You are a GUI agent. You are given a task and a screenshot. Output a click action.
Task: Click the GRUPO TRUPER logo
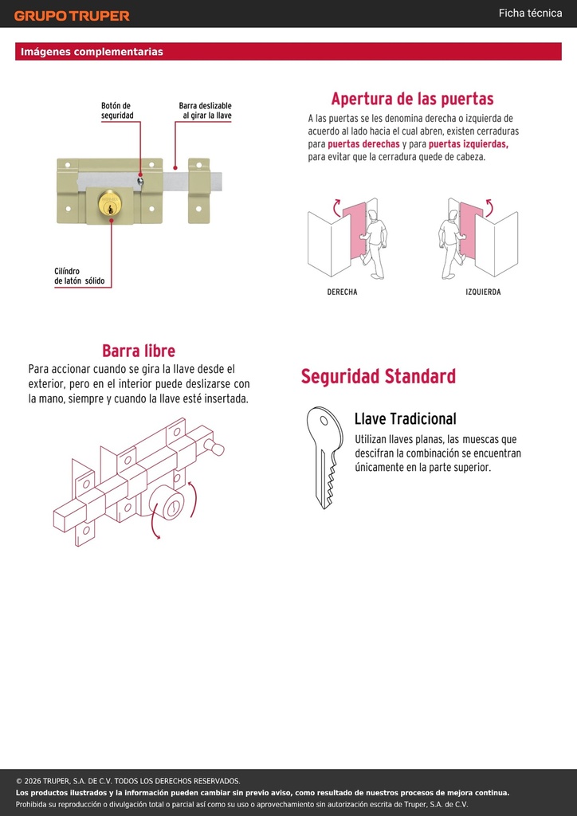point(72,16)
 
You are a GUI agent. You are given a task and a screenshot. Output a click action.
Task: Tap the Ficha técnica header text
point(530,13)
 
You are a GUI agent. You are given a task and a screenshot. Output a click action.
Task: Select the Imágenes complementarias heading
point(92,52)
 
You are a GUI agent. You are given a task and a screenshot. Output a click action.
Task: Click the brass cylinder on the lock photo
point(110,203)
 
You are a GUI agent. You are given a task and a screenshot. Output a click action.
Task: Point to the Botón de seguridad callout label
point(117,110)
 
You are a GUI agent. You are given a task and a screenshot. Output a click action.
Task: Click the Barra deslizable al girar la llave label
point(205,110)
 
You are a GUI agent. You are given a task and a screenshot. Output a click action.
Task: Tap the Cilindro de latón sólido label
point(80,277)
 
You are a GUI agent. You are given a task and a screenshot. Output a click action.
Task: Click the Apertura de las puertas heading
point(412,98)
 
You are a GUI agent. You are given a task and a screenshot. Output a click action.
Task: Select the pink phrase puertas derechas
point(363,144)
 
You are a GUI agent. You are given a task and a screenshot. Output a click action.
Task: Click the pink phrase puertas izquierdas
point(469,144)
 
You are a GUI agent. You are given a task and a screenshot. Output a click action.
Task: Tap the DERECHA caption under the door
point(342,292)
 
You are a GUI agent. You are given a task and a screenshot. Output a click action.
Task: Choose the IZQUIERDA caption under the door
point(483,292)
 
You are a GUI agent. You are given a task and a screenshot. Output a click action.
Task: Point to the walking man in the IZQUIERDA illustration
point(449,243)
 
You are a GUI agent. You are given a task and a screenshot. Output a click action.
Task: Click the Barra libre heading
point(139,351)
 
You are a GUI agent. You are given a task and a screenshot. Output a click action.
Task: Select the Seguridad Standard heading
point(379,376)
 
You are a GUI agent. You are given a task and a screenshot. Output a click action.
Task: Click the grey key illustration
point(324,457)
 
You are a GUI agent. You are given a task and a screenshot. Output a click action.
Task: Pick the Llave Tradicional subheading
point(406,418)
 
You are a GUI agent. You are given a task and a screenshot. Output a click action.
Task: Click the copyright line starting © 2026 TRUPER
point(128,781)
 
